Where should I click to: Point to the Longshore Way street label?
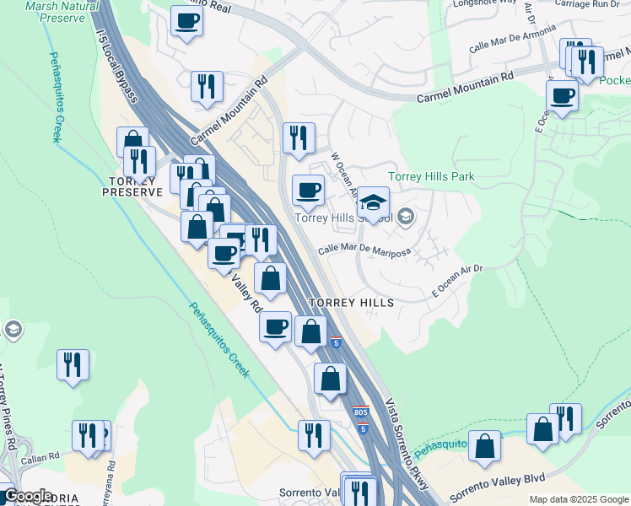tap(484, 3)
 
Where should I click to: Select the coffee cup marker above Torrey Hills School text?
tap(308, 190)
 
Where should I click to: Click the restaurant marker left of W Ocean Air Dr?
tap(299, 138)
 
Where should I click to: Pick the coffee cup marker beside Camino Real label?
tap(186, 20)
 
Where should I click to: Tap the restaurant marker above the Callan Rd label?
tap(88, 434)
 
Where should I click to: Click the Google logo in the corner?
tap(27, 497)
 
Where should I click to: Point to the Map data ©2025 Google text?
tap(579, 499)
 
